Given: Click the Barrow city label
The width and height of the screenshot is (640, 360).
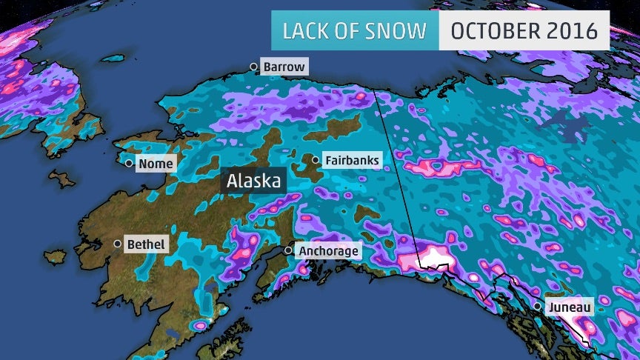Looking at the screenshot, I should coord(284,67).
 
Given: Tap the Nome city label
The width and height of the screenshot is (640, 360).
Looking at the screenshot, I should coord(156,164).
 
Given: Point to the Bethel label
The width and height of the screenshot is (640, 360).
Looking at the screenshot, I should coord(146,244).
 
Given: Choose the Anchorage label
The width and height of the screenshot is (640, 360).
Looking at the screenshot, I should coord(328,251).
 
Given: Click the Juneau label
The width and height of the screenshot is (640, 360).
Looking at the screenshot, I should coord(568,306).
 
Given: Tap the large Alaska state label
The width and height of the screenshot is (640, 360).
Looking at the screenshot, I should coord(253,181).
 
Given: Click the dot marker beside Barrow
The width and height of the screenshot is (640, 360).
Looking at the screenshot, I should coord(253,67).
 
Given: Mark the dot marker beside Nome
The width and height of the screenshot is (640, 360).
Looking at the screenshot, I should coord(129,164).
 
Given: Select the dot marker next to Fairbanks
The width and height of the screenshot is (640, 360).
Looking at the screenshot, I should coord(316,160).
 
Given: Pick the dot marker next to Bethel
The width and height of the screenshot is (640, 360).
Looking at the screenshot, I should coord(117,244).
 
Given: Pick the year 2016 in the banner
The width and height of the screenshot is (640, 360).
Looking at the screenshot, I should coord(573,31).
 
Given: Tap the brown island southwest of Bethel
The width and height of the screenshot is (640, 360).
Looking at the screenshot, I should coord(56,257).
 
